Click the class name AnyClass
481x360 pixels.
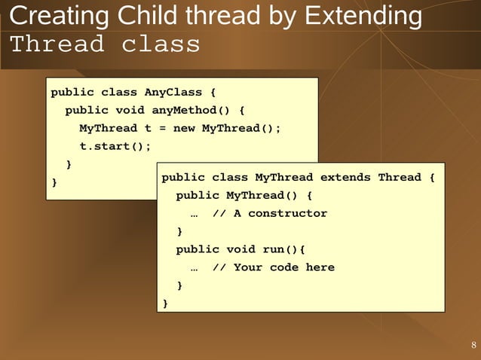tap(173, 93)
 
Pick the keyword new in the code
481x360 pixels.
tap(183, 129)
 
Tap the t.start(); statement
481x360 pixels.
tap(115, 146)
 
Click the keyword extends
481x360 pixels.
tap(345, 178)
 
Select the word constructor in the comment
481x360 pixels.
tap(288, 214)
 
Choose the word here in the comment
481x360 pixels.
tap(320, 267)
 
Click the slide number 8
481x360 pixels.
tap(473, 346)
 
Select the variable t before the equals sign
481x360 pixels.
tap(148, 129)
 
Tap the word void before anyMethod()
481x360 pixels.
tap(130, 111)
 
